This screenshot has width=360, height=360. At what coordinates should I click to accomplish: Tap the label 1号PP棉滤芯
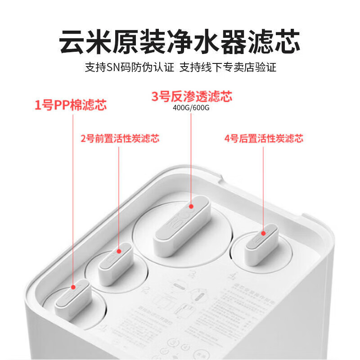tap(71, 106)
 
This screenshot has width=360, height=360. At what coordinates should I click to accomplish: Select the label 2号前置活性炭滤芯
tap(120, 139)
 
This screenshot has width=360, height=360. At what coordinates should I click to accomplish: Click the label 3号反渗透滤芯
tap(191, 96)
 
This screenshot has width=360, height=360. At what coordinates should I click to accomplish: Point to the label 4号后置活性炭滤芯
tap(264, 139)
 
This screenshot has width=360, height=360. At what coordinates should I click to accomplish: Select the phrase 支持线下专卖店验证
tap(228, 68)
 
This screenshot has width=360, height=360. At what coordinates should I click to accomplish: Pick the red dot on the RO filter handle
tap(191, 207)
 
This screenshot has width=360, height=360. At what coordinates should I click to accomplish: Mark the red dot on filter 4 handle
tap(264, 233)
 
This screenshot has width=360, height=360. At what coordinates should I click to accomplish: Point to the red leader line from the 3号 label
tap(191, 157)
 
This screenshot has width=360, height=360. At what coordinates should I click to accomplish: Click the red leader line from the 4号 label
tap(264, 189)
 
